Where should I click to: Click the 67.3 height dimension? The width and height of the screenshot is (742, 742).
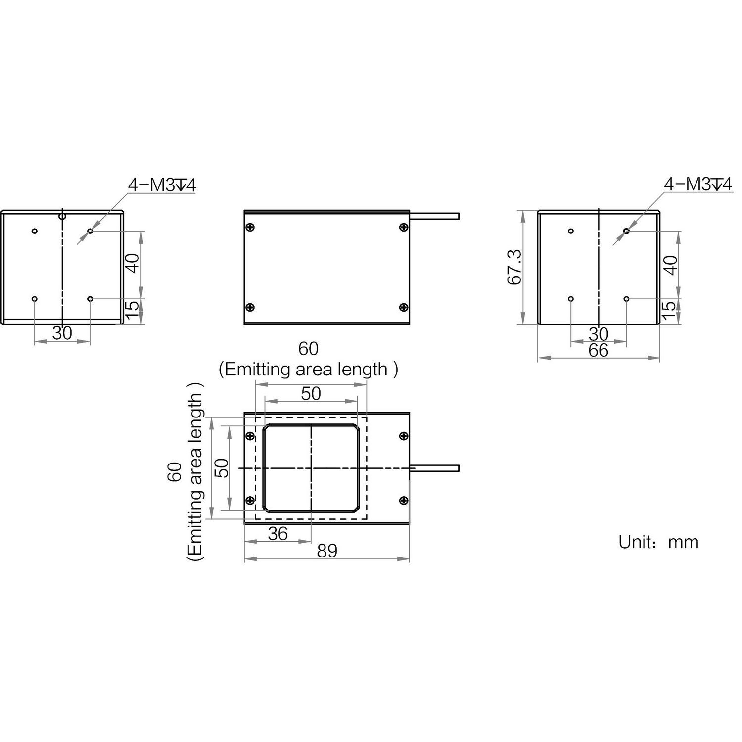514,267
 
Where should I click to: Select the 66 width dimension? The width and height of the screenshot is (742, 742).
598,351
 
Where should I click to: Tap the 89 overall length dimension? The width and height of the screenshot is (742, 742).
327,551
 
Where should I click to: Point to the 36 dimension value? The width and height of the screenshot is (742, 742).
278,533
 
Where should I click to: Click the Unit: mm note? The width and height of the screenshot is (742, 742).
658,542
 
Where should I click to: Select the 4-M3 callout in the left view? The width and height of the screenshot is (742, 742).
162,185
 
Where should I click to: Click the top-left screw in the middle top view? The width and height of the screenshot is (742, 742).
250,227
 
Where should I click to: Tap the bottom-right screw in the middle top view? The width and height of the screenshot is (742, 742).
404,307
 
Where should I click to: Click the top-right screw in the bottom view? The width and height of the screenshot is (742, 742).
404,436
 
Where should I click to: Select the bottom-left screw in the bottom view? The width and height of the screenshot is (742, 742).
250,500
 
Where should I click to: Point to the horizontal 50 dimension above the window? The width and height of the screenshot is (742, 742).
311,393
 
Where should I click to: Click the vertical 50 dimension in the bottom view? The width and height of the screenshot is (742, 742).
223,467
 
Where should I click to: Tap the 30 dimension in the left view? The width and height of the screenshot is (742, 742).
62,333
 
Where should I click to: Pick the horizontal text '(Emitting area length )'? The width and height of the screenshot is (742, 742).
308,370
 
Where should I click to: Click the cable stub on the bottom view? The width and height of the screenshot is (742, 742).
434,468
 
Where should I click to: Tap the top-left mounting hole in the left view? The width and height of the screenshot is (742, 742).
34,231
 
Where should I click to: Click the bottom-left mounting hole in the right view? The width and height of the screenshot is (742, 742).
571,299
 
